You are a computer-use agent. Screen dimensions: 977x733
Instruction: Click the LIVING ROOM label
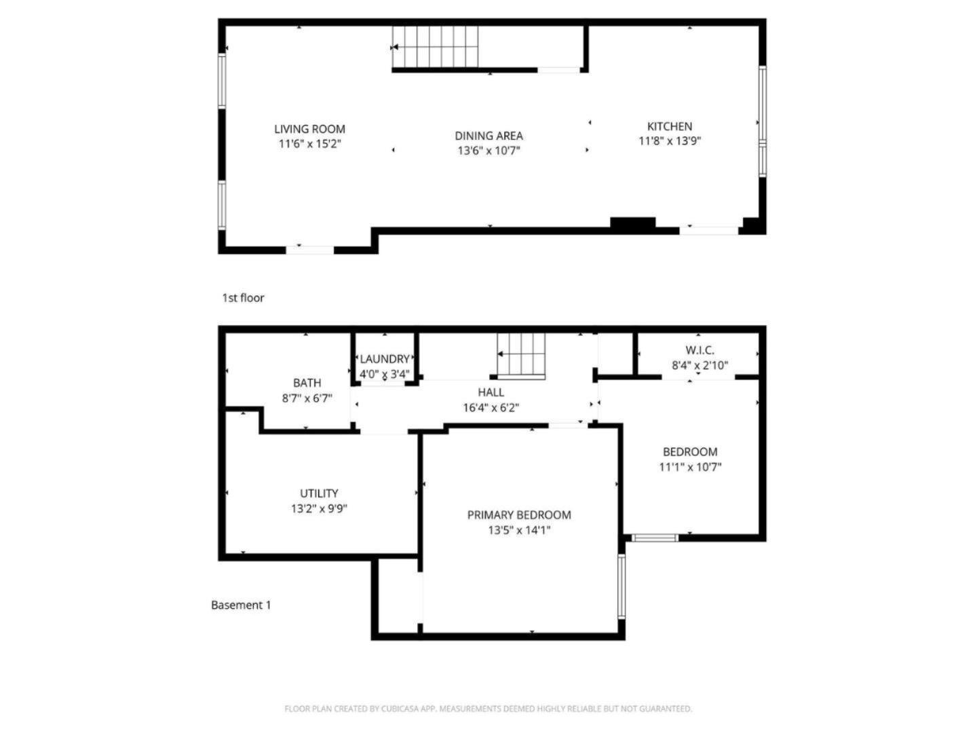(309, 129)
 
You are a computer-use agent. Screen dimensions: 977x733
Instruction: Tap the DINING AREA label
(488, 136)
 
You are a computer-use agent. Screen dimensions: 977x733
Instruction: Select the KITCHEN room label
(670, 126)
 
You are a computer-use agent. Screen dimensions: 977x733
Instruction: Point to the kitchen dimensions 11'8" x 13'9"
(670, 141)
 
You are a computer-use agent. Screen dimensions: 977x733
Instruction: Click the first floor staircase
(435, 47)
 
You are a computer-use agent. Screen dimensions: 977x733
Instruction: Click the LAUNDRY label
(385, 359)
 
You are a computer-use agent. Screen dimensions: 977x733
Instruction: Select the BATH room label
(307, 383)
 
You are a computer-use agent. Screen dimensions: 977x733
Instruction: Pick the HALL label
(491, 392)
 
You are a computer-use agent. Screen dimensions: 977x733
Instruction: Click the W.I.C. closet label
(700, 350)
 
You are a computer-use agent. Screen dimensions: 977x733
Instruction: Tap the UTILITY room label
(319, 493)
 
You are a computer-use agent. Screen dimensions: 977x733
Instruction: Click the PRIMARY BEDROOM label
(519, 515)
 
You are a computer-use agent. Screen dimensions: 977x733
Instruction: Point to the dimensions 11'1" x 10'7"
(690, 467)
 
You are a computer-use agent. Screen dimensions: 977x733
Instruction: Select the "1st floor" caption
(243, 298)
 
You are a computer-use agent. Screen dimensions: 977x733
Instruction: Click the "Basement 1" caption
(241, 605)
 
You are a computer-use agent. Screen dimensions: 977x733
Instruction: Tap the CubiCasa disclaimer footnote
(488, 709)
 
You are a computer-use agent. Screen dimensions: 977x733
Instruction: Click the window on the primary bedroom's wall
(621, 586)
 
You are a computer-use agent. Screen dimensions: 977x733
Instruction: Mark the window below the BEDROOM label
(655, 538)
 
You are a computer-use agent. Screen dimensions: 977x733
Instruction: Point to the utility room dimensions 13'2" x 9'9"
(319, 508)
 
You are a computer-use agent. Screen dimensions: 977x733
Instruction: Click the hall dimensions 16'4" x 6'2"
(491, 408)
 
